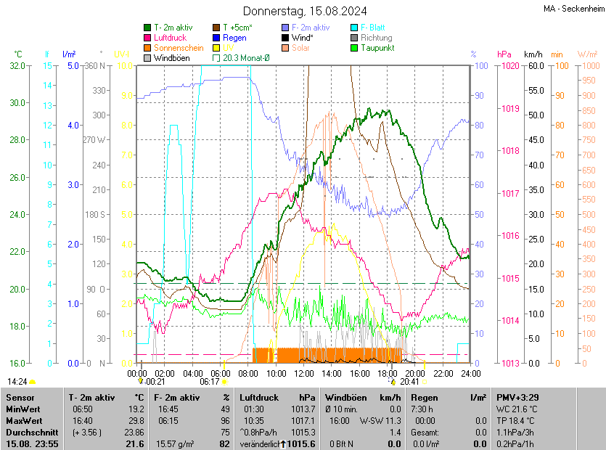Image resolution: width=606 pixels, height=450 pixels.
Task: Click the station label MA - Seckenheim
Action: coord(573,8)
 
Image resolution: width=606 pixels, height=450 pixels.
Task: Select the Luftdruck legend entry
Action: coord(171,38)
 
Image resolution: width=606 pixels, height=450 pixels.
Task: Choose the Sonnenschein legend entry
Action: coord(179,48)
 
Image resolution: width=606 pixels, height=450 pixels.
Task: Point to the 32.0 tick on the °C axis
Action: coord(17,66)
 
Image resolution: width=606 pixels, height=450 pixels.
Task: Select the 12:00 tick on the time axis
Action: coord(304,373)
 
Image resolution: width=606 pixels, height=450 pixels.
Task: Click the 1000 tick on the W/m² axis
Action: coord(589,66)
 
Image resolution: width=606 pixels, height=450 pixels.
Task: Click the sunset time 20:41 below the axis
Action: coord(409,381)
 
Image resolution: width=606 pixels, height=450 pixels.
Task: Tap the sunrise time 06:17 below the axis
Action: coord(210,381)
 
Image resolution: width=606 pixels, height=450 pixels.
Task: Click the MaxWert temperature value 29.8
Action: coord(135,421)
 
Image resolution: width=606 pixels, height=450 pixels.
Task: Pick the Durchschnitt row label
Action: coord(28,433)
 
